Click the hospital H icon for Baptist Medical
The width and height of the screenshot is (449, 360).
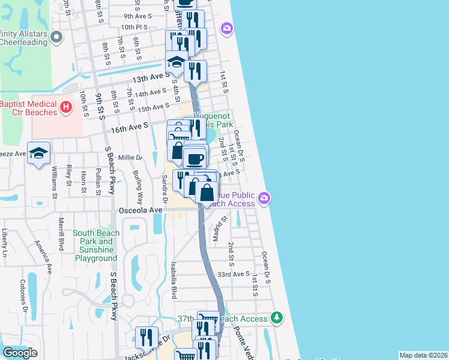tap(67, 108)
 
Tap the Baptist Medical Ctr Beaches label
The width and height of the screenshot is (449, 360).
tap(29, 108)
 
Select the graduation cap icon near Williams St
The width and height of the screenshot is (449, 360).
tap(38, 153)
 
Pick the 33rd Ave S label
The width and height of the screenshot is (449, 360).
tap(233, 274)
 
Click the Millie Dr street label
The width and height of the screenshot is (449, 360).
tap(130, 158)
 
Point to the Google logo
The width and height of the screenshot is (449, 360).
tap(20, 353)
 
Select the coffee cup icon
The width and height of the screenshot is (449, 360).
tap(194, 159)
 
